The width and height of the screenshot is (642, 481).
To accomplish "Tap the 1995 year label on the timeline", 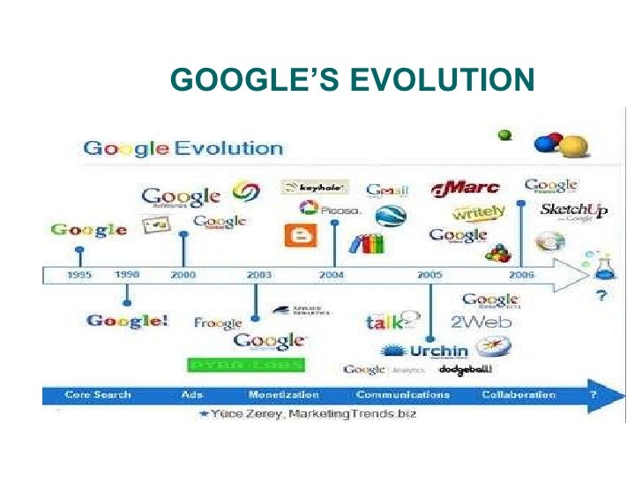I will pos(79,276).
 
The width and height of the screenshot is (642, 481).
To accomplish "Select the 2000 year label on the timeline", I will pos(183,276).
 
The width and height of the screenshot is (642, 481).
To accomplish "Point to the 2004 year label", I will pos(332,276).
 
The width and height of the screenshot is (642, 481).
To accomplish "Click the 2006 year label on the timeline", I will pos(522,276).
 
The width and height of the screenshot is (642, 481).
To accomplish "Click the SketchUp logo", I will pos(572,211).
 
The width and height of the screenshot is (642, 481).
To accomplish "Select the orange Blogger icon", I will pos(295,235).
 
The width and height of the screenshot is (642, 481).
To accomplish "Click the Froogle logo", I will pos(218,322).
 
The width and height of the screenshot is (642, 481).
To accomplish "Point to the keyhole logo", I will pos(315,187).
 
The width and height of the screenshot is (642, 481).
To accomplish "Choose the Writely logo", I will pos(478,212).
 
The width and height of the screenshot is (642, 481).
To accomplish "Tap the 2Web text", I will pos(481,322).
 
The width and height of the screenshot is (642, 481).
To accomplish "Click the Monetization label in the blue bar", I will pos(284,395).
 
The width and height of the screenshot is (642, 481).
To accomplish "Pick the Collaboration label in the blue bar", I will pos(519,395).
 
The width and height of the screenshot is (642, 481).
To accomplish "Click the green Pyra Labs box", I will pos(246,365).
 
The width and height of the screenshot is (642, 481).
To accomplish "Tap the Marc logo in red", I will pos(466,188).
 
